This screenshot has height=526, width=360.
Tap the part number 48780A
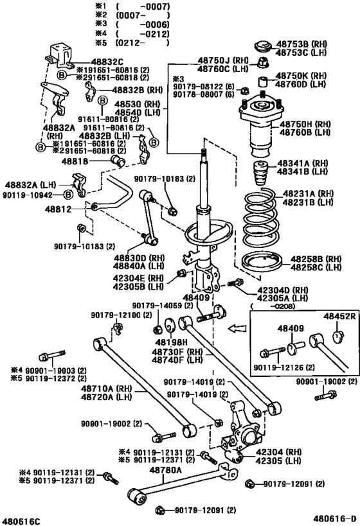point(166,470)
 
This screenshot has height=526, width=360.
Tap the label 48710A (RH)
point(103,389)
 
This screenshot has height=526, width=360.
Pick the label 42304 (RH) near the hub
point(297,451)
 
